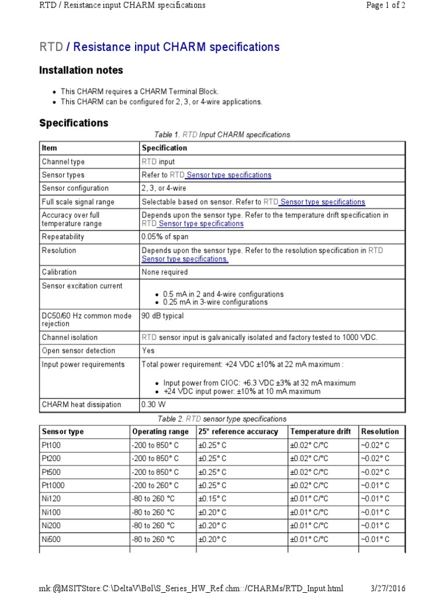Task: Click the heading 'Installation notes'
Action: [81, 71]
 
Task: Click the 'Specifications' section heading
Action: [74, 123]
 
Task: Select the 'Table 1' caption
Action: [222, 135]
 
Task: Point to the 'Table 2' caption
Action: [222, 419]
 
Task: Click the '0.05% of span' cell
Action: [165, 237]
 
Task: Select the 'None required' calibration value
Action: [165, 272]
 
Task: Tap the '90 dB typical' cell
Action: [163, 316]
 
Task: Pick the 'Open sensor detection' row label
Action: [78, 351]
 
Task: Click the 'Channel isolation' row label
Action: [70, 338]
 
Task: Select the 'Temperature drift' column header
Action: [320, 432]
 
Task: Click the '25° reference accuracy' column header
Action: [238, 432]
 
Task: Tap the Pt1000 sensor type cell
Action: [53, 485]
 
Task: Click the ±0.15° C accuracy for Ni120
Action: [213, 499]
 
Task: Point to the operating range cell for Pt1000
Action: [156, 485]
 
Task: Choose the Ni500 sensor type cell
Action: [51, 539]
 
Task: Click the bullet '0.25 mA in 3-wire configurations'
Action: [215, 302]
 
